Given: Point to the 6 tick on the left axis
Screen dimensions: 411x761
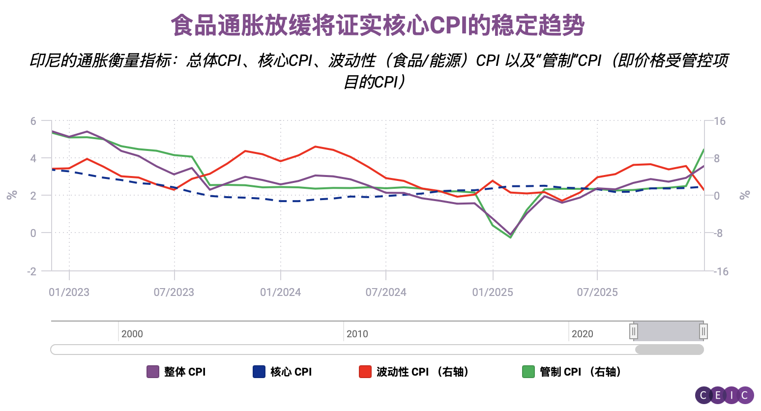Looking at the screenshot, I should pos(33,121).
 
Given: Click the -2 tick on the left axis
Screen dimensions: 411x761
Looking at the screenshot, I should pos(32,271).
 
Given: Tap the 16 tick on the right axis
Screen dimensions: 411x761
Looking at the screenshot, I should pos(720,121).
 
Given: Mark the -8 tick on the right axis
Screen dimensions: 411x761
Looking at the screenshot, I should pos(718,233).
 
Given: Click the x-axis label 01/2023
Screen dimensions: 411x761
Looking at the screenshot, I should pos(69,292).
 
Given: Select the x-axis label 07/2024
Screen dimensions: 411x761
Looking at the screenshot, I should pos(386,292).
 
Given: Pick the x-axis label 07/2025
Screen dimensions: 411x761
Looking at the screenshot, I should pos(597,292).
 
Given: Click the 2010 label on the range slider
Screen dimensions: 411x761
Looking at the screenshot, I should pos(357,334).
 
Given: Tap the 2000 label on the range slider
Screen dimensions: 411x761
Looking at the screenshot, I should pos(132,334).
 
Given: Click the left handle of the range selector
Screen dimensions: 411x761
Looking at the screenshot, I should pos(634,331).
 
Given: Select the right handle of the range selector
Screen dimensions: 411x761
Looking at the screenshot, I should pos(703,331).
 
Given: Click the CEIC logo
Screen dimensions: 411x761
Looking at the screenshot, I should pos(724,395).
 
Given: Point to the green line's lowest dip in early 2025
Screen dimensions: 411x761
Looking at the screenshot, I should pos(511,237).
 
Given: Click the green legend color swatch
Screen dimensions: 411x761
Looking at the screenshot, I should pos(528,372).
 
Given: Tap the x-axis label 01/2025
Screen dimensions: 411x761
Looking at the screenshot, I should pos(493,292).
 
